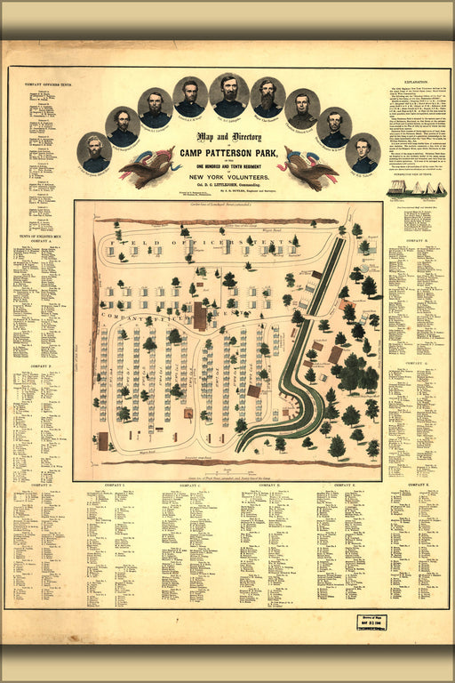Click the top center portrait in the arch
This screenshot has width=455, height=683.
(229, 94)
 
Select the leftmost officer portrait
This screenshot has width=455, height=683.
(94, 152)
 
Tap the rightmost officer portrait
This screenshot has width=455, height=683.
(363, 152)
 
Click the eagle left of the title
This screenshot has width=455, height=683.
(151, 167)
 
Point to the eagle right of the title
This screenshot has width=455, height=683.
(306, 167)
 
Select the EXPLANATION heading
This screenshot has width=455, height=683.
(415, 81)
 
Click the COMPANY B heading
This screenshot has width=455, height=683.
(415, 240)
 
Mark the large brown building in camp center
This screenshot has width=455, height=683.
(200, 317)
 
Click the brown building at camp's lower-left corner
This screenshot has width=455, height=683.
(102, 439)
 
